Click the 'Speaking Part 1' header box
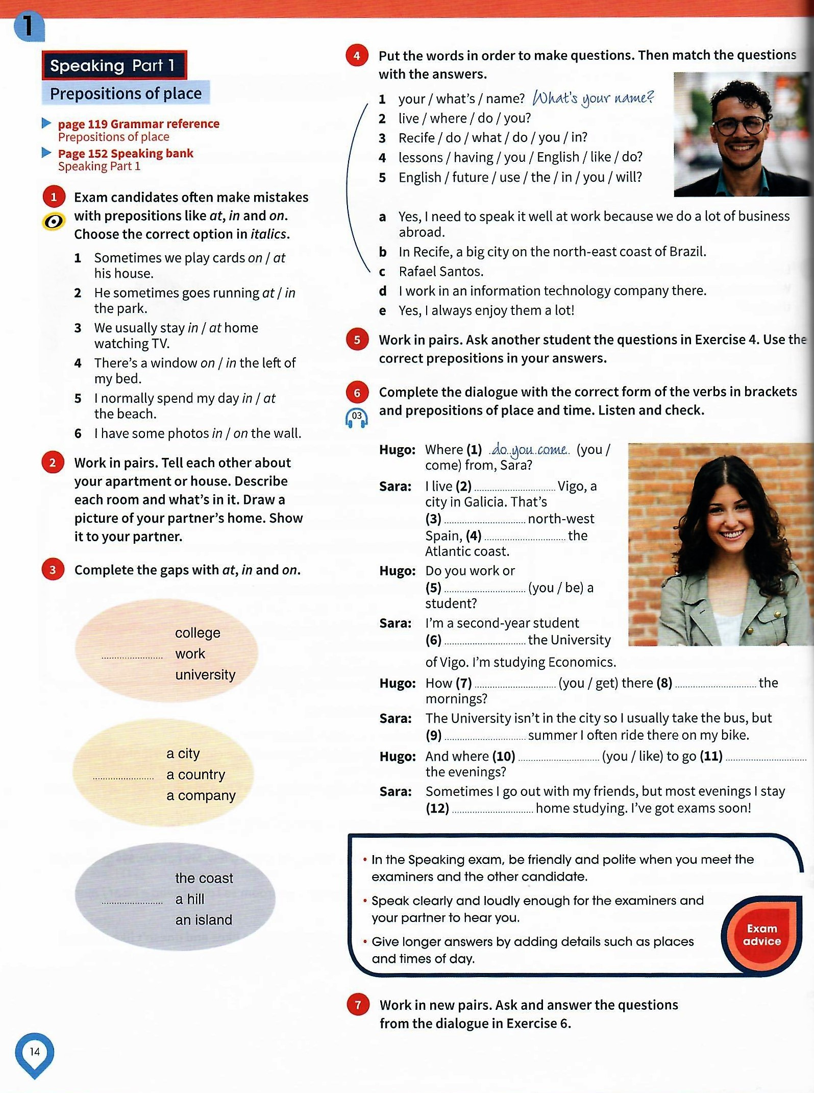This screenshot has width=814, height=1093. pyautogui.click(x=114, y=65)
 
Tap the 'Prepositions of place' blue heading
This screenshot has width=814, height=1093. pyautogui.click(x=126, y=93)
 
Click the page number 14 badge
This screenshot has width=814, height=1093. pyautogui.click(x=35, y=1052)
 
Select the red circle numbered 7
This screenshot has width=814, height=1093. pyautogui.click(x=358, y=1005)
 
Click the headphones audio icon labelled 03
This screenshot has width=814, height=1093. pyautogui.click(x=356, y=418)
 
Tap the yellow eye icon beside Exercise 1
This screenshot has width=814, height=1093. pyautogui.click(x=54, y=222)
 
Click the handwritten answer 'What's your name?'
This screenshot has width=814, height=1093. pyautogui.click(x=593, y=98)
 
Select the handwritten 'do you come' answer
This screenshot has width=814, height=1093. pyautogui.click(x=529, y=450)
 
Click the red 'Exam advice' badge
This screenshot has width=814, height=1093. pyautogui.click(x=761, y=935)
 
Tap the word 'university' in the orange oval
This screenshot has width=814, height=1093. pyautogui.click(x=205, y=675)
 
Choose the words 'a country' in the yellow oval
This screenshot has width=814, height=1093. pyautogui.click(x=195, y=774)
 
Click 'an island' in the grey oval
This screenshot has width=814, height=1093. pyautogui.click(x=204, y=920)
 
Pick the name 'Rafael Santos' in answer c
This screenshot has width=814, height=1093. pyautogui.click(x=441, y=272)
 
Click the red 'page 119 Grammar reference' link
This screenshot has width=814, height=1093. pyautogui.click(x=138, y=124)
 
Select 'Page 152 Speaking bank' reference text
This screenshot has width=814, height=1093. pyautogui.click(x=126, y=154)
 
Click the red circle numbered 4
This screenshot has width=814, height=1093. pyautogui.click(x=357, y=56)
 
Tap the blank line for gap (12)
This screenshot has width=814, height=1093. pyautogui.click(x=492, y=809)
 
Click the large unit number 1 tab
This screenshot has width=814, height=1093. pyautogui.click(x=29, y=27)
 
